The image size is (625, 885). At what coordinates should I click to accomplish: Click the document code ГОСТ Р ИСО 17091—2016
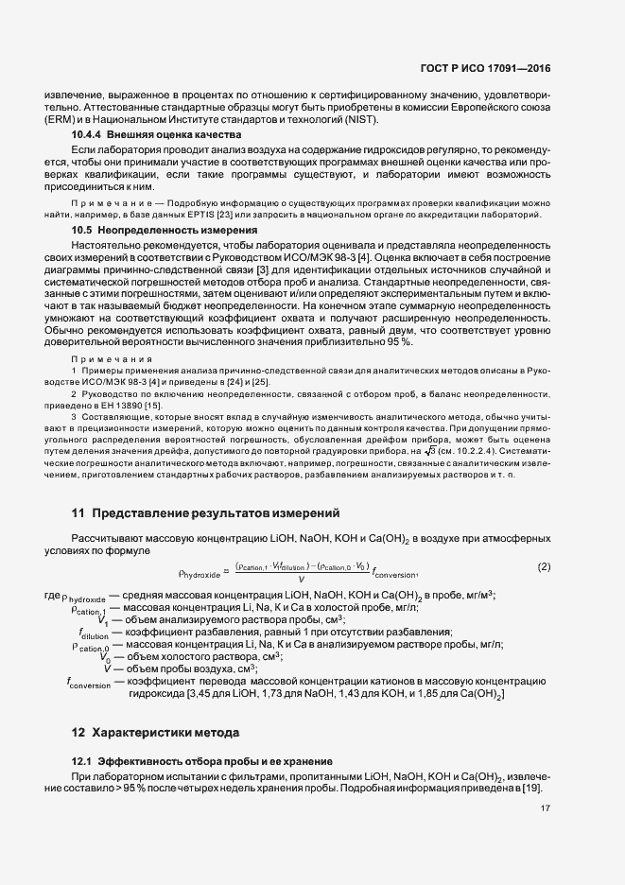pyautogui.click(x=485, y=69)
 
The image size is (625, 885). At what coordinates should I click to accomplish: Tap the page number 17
pyautogui.click(x=546, y=808)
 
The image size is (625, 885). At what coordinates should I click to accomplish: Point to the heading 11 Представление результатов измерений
pyautogui.click(x=206, y=513)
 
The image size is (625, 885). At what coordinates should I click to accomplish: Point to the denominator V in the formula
pyautogui.click(x=301, y=578)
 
